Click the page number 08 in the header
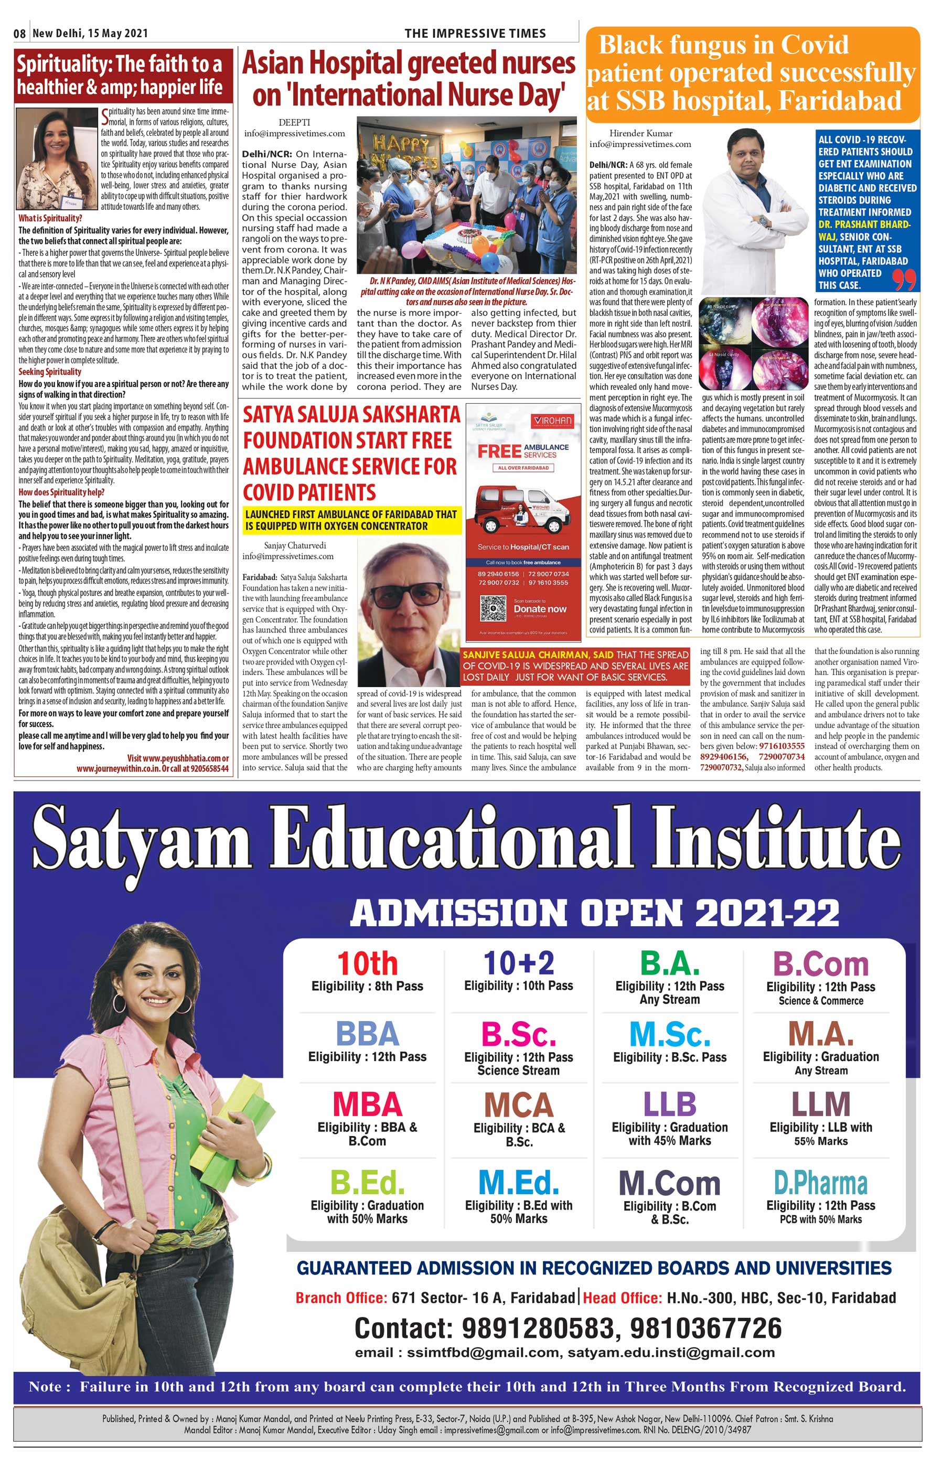(19, 33)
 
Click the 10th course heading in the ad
(367, 963)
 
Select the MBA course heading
(367, 1104)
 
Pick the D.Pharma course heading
(820, 1183)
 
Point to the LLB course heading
(669, 1104)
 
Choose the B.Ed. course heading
(367, 1183)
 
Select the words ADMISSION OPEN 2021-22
(594, 913)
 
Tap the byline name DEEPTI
(294, 123)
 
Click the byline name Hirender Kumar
(640, 133)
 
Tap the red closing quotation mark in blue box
(903, 280)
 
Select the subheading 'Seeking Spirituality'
(50, 371)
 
